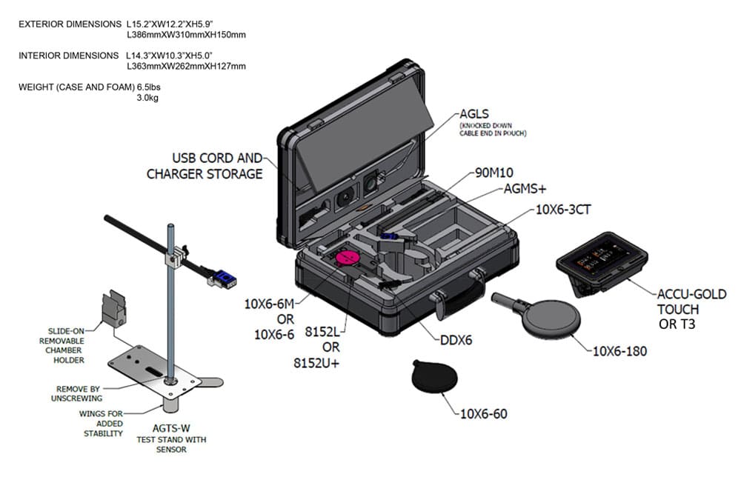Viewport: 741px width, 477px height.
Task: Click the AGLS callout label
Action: coord(476,115)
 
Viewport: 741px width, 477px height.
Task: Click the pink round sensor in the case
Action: coord(348,258)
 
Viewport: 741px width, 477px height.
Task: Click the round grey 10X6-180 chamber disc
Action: coord(551,320)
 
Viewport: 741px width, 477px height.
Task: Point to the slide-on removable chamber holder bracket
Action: coord(113,310)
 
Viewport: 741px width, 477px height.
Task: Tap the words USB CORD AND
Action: coord(217,158)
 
